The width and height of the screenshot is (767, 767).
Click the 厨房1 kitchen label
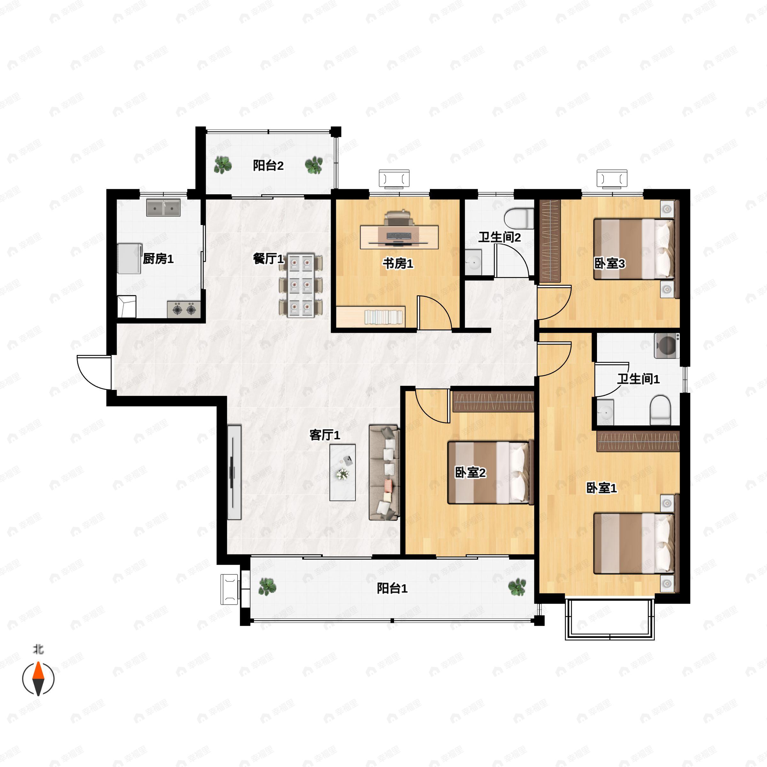[158, 259]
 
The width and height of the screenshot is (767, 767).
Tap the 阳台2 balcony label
[268, 165]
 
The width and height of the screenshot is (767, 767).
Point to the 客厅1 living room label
[325, 435]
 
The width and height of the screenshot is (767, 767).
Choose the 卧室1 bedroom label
[601, 488]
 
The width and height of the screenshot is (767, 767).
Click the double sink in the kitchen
[163, 208]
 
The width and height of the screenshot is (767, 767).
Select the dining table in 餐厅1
[300, 285]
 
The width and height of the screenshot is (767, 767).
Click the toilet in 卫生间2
[519, 218]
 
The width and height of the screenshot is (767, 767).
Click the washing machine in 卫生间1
[667, 346]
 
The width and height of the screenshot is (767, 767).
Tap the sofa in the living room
[384, 472]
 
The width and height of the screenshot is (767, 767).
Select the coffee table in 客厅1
[342, 472]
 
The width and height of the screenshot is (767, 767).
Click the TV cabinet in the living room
[234, 472]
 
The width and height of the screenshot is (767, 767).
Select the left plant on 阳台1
[267, 587]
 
